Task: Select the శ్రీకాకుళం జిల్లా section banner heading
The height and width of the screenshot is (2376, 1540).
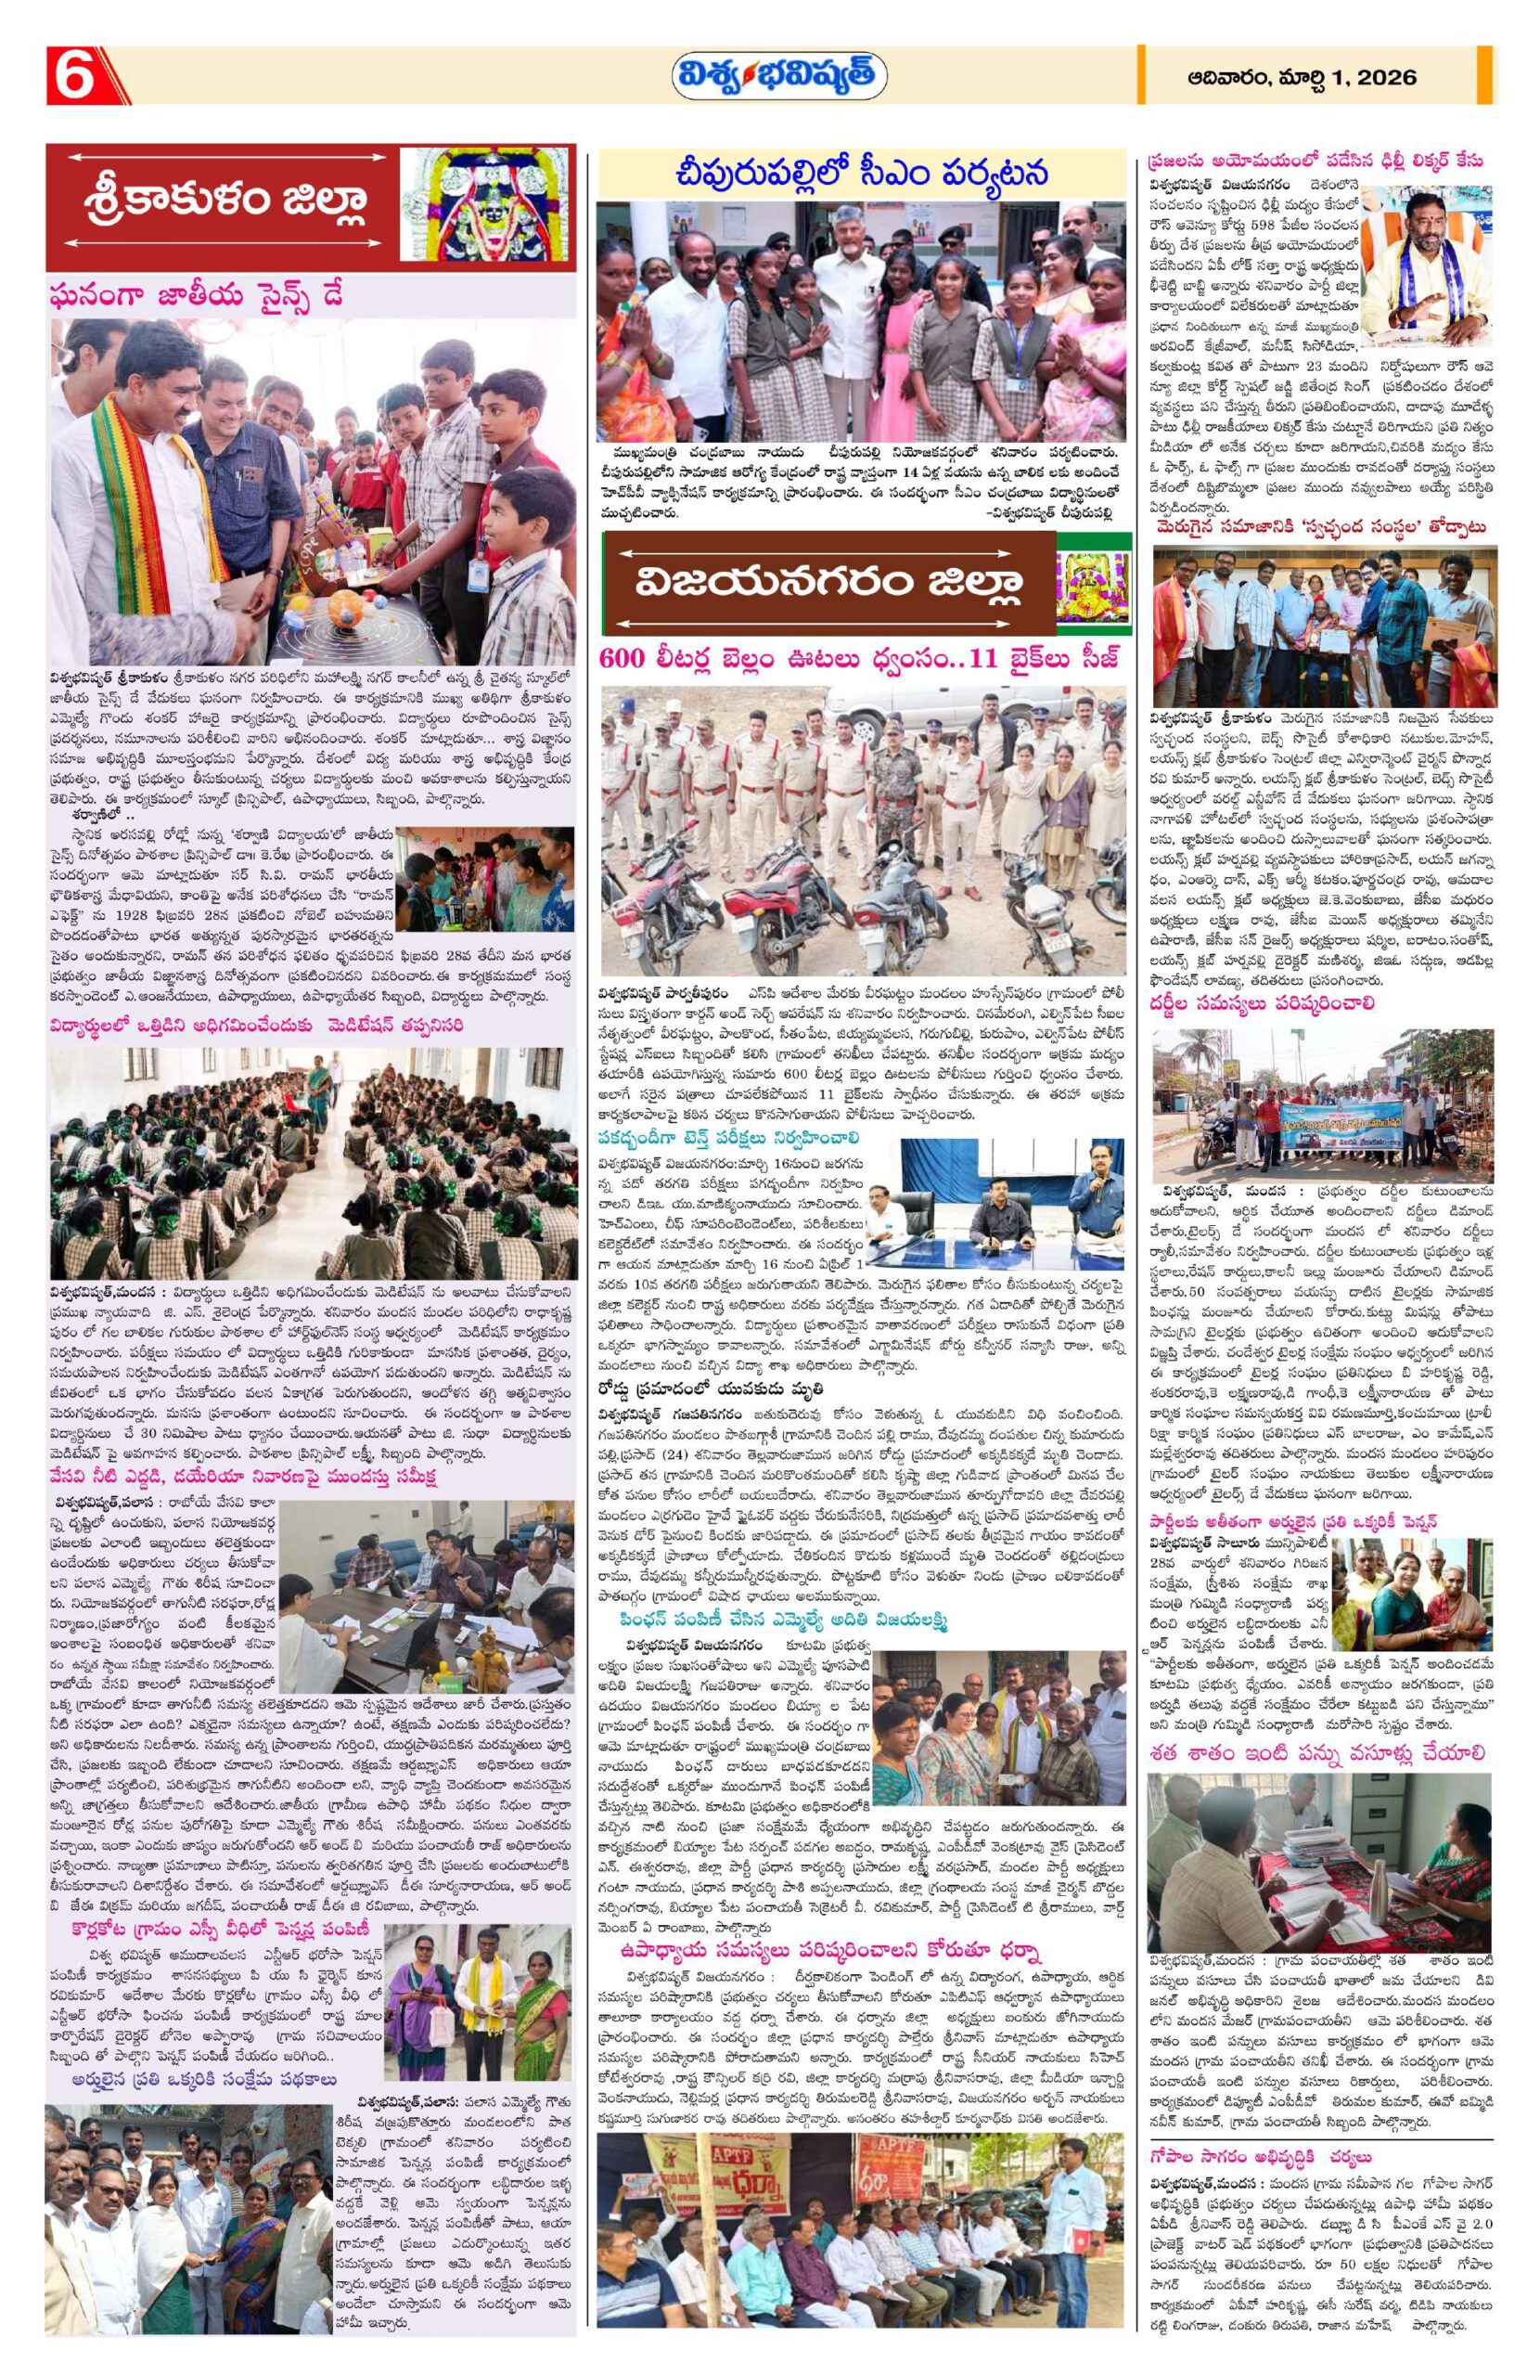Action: pos(224,202)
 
